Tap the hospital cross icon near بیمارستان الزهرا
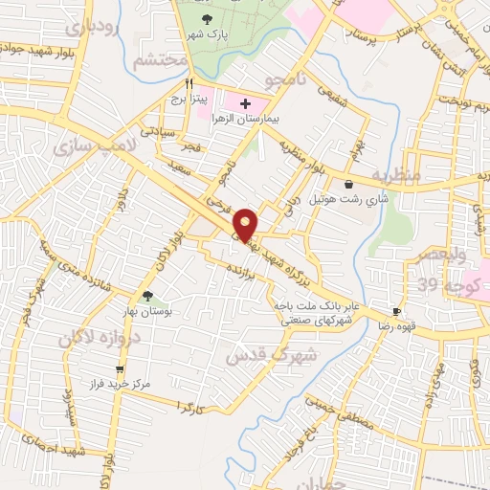tap(245, 103)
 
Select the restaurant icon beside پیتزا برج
tap(189, 83)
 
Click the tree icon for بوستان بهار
tap(146, 297)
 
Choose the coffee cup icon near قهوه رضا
tap(396, 312)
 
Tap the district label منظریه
tap(395, 176)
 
